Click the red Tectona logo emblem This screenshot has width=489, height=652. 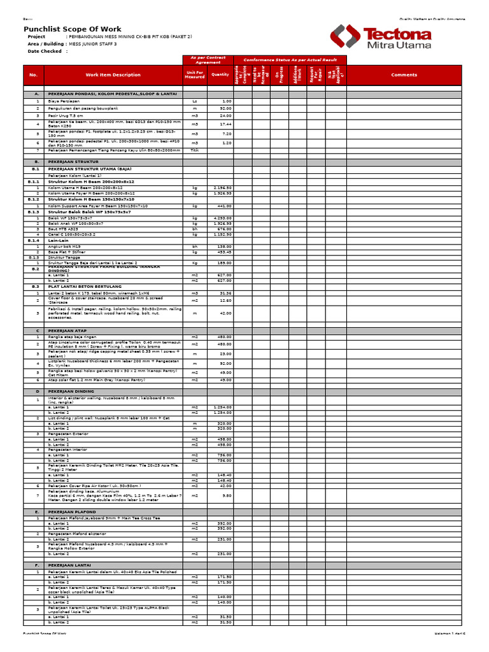tap(344, 37)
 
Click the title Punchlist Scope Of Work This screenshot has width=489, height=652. tap(72, 29)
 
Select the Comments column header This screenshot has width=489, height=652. tap(404, 74)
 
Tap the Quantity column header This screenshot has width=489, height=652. tap(220, 74)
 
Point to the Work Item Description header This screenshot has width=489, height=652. tap(113, 74)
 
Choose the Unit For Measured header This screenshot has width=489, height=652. tap(195, 74)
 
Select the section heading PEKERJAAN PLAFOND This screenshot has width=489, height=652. tap(72, 512)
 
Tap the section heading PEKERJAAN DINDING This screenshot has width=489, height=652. tap(71, 392)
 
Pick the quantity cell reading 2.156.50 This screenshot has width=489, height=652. tap(223, 188)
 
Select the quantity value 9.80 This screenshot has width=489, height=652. tap(227, 495)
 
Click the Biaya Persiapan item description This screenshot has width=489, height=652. tap(65, 101)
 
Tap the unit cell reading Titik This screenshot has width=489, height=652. tap(195, 150)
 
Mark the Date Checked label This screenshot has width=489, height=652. tap(45, 51)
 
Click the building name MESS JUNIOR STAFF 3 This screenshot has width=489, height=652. tap(93, 44)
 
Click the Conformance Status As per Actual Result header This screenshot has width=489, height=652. tap(290, 59)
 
